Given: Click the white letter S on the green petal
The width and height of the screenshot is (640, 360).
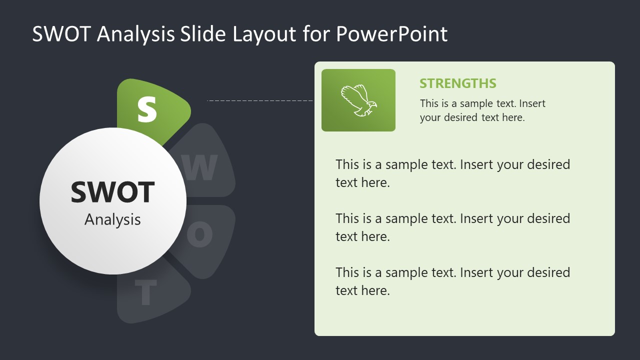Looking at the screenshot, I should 147,109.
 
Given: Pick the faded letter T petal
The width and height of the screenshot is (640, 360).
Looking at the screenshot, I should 145,292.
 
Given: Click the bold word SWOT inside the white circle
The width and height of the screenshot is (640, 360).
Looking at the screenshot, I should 112,192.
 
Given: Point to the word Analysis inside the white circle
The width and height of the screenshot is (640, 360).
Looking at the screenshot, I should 112,219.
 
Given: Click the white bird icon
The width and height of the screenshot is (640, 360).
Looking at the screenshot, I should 358,100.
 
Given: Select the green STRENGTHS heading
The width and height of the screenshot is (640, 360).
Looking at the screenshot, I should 457,83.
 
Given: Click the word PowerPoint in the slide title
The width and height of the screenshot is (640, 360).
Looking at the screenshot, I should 391,34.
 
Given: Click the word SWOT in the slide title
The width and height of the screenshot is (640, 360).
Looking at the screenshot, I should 61,34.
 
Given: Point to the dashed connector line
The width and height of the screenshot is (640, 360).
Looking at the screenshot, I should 260,100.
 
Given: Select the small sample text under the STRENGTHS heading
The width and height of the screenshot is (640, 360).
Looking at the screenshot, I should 482,110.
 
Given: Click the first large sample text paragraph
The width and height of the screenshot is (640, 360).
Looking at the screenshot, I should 452,173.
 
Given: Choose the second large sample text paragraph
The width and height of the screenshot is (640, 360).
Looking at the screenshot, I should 452,227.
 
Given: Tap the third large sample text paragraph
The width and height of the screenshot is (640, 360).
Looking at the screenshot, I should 452,281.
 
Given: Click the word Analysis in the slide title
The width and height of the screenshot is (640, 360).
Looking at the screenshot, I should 135,34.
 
